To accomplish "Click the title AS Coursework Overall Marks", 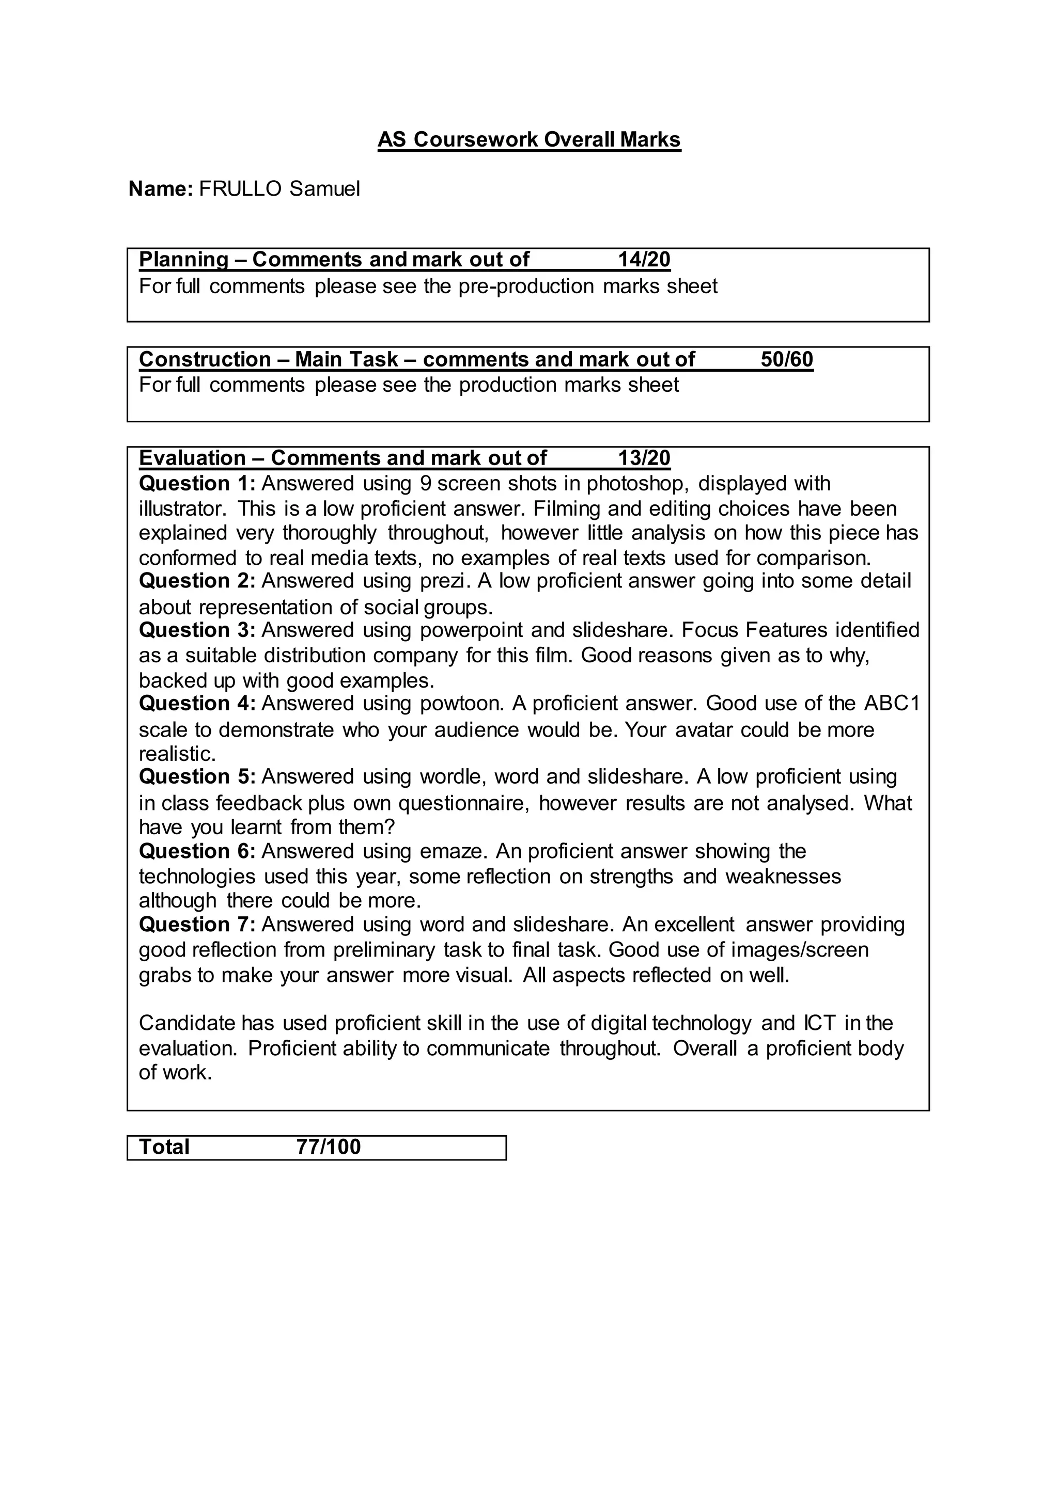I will (x=529, y=139).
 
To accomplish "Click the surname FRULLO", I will (x=240, y=189).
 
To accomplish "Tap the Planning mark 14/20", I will (x=644, y=260).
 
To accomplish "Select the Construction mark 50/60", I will (x=786, y=359).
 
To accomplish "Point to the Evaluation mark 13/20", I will (x=644, y=458).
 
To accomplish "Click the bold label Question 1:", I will (x=197, y=484).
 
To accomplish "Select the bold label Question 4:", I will (x=197, y=704).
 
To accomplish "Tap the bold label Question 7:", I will (x=197, y=925).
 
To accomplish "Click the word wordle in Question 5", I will (x=452, y=777).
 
